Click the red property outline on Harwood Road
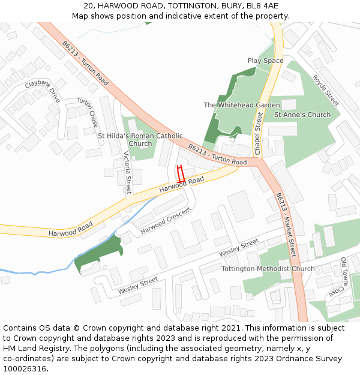tap(180, 173)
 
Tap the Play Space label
tap(265, 61)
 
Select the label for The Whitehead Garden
tap(241, 105)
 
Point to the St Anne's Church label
tap(302, 115)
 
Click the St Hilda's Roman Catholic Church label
tap(140, 140)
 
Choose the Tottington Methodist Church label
tap(268, 269)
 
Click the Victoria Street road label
tap(127, 172)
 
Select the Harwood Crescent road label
tap(165, 221)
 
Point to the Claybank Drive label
tap(43, 91)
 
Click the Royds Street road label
tap(326, 90)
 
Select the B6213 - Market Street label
tap(286, 224)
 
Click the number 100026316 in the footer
tap(26, 368)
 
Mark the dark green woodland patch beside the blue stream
tap(99, 251)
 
